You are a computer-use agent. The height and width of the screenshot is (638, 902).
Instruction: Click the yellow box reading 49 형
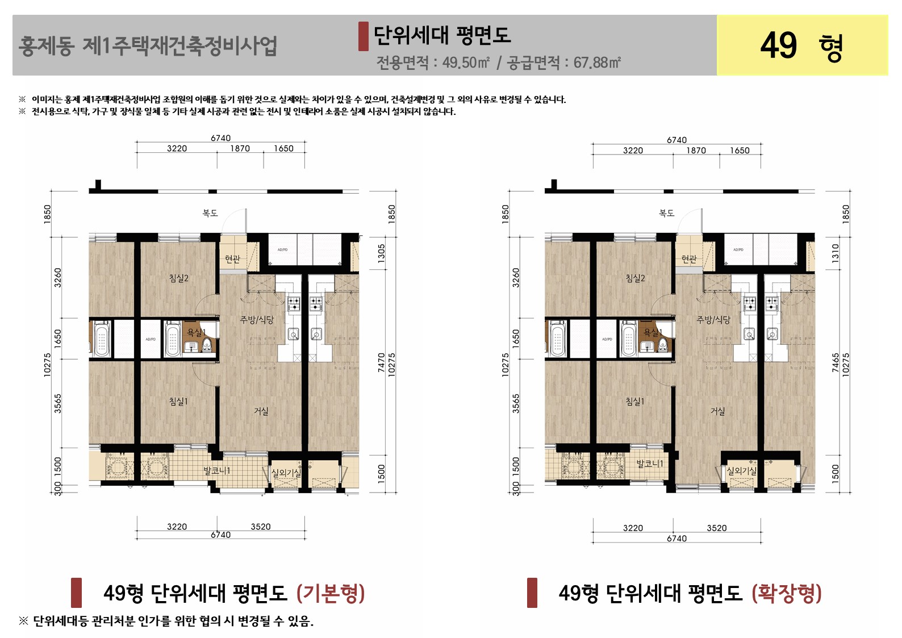(801, 45)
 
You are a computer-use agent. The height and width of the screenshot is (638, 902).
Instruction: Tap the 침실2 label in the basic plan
(178, 278)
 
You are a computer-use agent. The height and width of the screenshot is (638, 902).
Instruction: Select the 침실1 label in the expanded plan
(635, 402)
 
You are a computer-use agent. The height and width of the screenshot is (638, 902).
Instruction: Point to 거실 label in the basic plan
(261, 411)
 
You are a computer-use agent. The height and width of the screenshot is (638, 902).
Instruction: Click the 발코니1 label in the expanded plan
(649, 464)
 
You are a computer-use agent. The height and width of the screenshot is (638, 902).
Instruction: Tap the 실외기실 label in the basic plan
(285, 473)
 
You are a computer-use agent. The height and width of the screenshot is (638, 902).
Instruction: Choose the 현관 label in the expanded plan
(689, 259)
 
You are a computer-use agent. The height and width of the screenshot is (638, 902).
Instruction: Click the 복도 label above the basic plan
(210, 213)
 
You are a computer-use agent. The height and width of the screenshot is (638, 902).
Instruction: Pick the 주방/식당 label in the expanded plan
(713, 320)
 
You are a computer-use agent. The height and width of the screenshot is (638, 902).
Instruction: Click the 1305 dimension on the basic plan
(382, 253)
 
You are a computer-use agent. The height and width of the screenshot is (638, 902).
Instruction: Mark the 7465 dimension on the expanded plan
(836, 363)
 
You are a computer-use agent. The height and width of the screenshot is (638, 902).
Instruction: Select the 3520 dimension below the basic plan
(261, 527)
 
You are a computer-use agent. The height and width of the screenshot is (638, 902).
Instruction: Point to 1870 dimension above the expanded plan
(696, 151)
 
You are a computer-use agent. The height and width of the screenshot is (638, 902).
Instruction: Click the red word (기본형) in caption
(331, 593)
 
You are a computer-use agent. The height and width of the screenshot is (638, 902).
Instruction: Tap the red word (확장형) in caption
(787, 593)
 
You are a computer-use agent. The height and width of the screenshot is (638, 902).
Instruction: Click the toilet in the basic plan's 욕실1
(207, 344)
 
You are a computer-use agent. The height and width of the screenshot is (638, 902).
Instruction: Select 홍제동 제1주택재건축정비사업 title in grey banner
(148, 46)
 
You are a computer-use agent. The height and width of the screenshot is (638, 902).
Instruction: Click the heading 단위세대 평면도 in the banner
(442, 35)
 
